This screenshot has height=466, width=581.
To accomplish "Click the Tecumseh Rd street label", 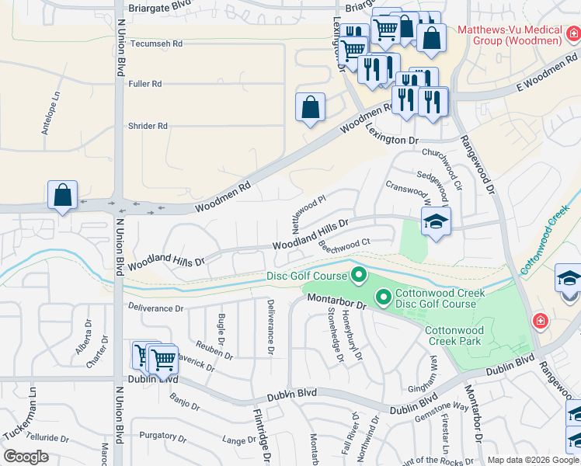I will coord(155,44).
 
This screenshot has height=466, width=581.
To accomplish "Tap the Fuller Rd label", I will coord(145,84).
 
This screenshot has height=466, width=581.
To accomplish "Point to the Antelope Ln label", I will coord(51,113).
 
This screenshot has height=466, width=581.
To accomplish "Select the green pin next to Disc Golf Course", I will coord(359,275).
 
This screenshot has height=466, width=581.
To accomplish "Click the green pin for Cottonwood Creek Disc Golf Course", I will coord(383,297).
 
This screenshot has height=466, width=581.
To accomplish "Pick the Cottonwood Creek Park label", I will coord(454,336).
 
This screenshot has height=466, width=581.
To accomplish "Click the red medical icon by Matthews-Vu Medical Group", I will coord(572,33).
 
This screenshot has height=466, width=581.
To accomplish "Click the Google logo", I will coord(26,457).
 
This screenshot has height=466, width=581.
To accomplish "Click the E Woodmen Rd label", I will coord(547,74).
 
